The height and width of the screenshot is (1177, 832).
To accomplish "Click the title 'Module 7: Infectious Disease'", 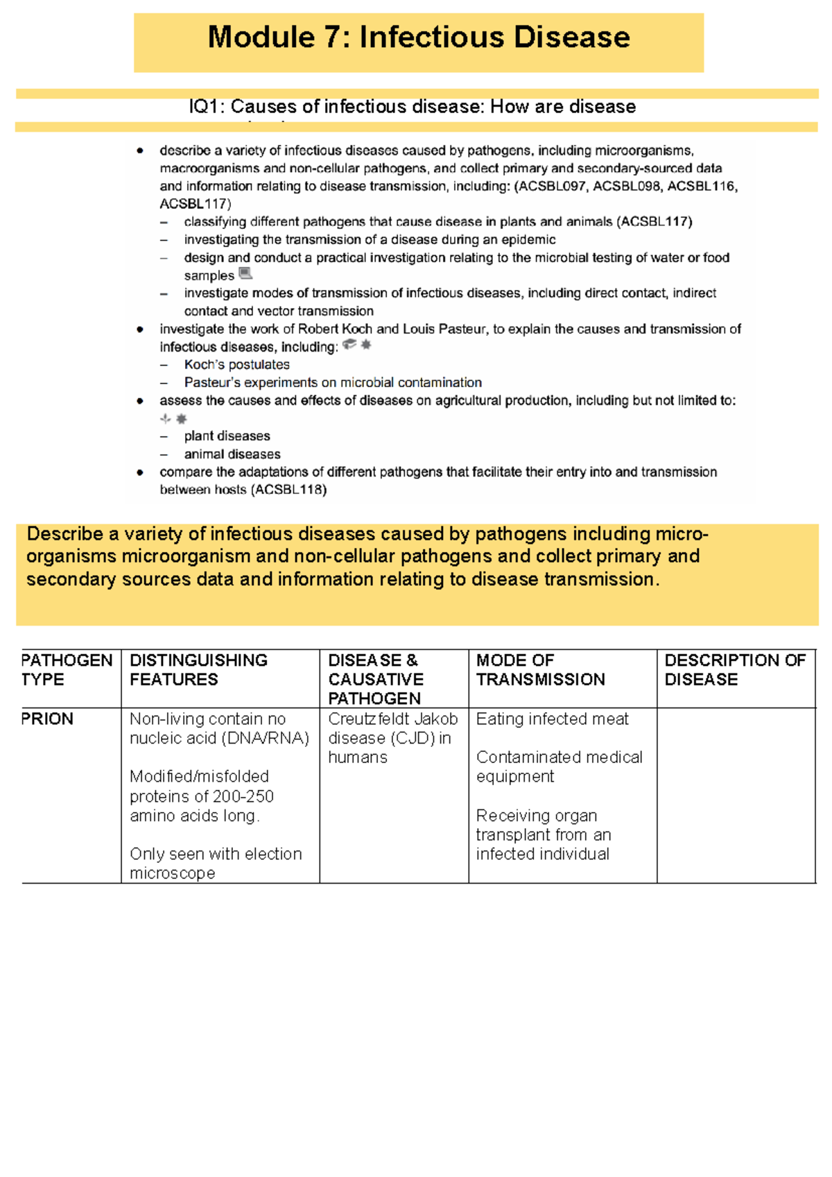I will (x=419, y=37).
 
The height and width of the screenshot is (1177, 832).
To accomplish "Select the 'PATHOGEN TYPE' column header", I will (x=67, y=669).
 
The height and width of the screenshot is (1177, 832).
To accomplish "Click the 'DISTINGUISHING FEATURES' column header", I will (x=198, y=669).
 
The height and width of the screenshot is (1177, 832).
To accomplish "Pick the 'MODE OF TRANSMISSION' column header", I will (x=540, y=669).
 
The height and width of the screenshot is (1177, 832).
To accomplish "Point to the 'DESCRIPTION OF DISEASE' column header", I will (x=734, y=669).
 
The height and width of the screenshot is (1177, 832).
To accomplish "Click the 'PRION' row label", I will (x=47, y=719).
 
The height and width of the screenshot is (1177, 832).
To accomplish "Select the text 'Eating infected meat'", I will (x=552, y=719).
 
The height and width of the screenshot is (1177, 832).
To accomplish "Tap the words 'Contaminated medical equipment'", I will (x=559, y=766).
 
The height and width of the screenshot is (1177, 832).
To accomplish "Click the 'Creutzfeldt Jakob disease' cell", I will (x=392, y=729).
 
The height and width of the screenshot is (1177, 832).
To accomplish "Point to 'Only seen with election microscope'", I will (x=216, y=864).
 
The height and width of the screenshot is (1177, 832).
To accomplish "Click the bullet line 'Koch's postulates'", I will (x=236, y=365).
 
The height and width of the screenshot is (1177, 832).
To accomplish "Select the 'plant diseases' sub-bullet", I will (x=227, y=436).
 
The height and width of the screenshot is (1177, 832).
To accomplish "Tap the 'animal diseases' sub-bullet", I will (x=232, y=454).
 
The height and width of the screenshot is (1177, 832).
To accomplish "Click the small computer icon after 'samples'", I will (x=245, y=273).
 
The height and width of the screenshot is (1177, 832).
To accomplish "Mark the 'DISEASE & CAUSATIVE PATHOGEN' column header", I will (x=375, y=679).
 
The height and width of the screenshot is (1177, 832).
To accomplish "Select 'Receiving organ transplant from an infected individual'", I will (x=543, y=834).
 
